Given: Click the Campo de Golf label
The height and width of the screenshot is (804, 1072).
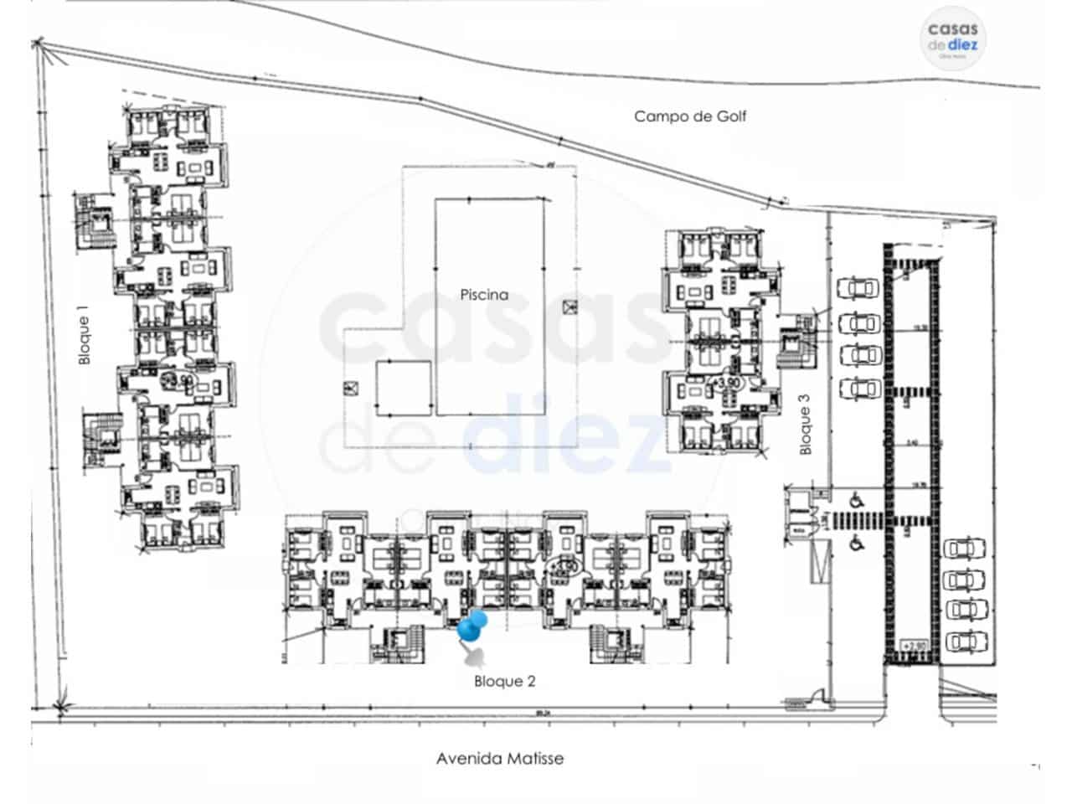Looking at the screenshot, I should tap(689, 116).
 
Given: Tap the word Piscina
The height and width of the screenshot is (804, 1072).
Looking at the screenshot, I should tap(484, 295).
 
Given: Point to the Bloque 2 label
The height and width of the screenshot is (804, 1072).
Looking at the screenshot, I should tap(504, 682).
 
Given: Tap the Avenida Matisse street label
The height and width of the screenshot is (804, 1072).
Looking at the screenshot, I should tap(499, 759).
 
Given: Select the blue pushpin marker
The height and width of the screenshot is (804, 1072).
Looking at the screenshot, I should tap(473, 626).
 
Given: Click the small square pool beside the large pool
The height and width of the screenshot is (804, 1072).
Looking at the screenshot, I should tap(403, 389).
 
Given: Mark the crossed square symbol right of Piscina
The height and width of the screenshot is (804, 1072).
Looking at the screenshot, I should tap(571, 307).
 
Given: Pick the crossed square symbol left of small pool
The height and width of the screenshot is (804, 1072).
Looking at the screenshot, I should tap(349, 389).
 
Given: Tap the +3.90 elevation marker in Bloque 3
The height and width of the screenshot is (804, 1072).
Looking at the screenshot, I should tap(725, 382).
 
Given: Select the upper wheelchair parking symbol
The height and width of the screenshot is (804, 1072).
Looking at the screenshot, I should tap(857, 500).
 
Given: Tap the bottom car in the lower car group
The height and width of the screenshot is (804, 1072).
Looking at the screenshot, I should tap(965, 642).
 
